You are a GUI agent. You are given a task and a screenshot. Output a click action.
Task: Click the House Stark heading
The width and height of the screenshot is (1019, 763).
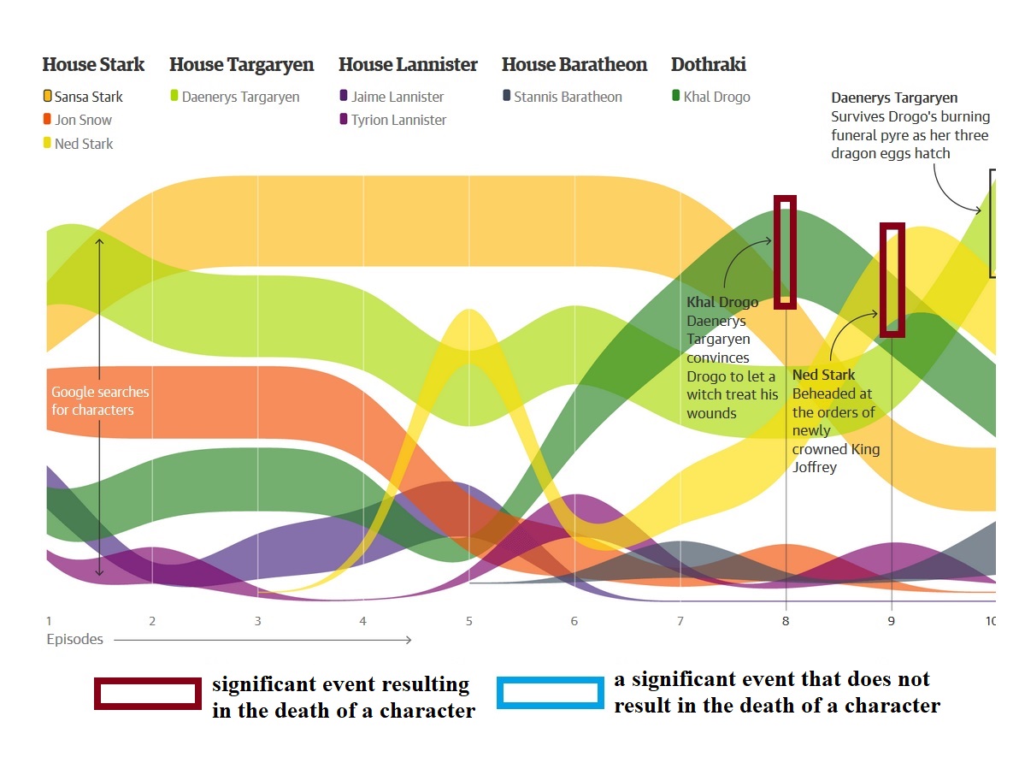[x=93, y=65]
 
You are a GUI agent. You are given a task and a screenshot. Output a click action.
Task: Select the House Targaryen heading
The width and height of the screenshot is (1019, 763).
[x=241, y=65]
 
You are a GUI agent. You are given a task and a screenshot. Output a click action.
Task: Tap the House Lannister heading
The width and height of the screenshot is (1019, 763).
[x=408, y=65]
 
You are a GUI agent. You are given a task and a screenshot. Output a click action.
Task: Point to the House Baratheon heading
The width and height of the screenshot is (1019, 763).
[x=574, y=65]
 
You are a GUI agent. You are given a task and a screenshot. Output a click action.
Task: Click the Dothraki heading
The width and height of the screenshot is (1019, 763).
[x=709, y=65]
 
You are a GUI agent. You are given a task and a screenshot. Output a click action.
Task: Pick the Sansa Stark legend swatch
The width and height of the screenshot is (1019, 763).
[x=48, y=97]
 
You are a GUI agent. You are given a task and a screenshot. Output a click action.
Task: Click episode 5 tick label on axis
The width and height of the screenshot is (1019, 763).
[x=469, y=621]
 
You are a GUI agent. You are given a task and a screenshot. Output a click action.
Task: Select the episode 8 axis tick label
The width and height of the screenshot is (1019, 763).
[x=786, y=621]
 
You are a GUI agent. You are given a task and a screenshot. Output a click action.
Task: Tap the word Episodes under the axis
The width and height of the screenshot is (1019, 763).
[x=75, y=639]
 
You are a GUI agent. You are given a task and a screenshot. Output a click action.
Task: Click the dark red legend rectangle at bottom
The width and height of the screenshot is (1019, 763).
[x=147, y=694]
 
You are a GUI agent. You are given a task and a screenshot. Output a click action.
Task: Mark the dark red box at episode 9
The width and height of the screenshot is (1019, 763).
[x=892, y=280]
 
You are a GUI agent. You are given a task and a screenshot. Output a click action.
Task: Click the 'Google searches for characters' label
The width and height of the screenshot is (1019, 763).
[x=100, y=401]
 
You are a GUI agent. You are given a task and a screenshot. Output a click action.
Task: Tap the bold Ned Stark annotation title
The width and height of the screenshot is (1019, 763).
[x=823, y=376]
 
